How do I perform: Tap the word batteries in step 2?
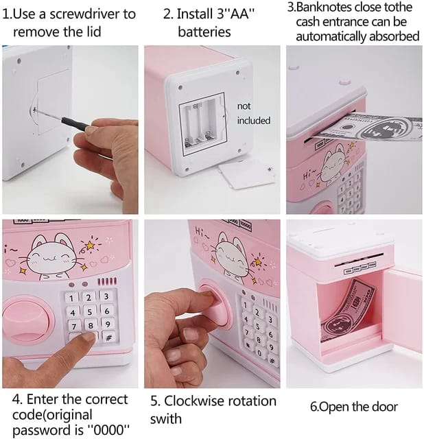click(x=204, y=32)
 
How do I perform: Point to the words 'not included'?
click(x=253, y=113)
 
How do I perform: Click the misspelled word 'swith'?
click(x=166, y=419)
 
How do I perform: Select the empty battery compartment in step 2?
click(x=202, y=123)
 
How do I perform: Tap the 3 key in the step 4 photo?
click(x=106, y=296)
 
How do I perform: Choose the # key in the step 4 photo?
click(x=108, y=337)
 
